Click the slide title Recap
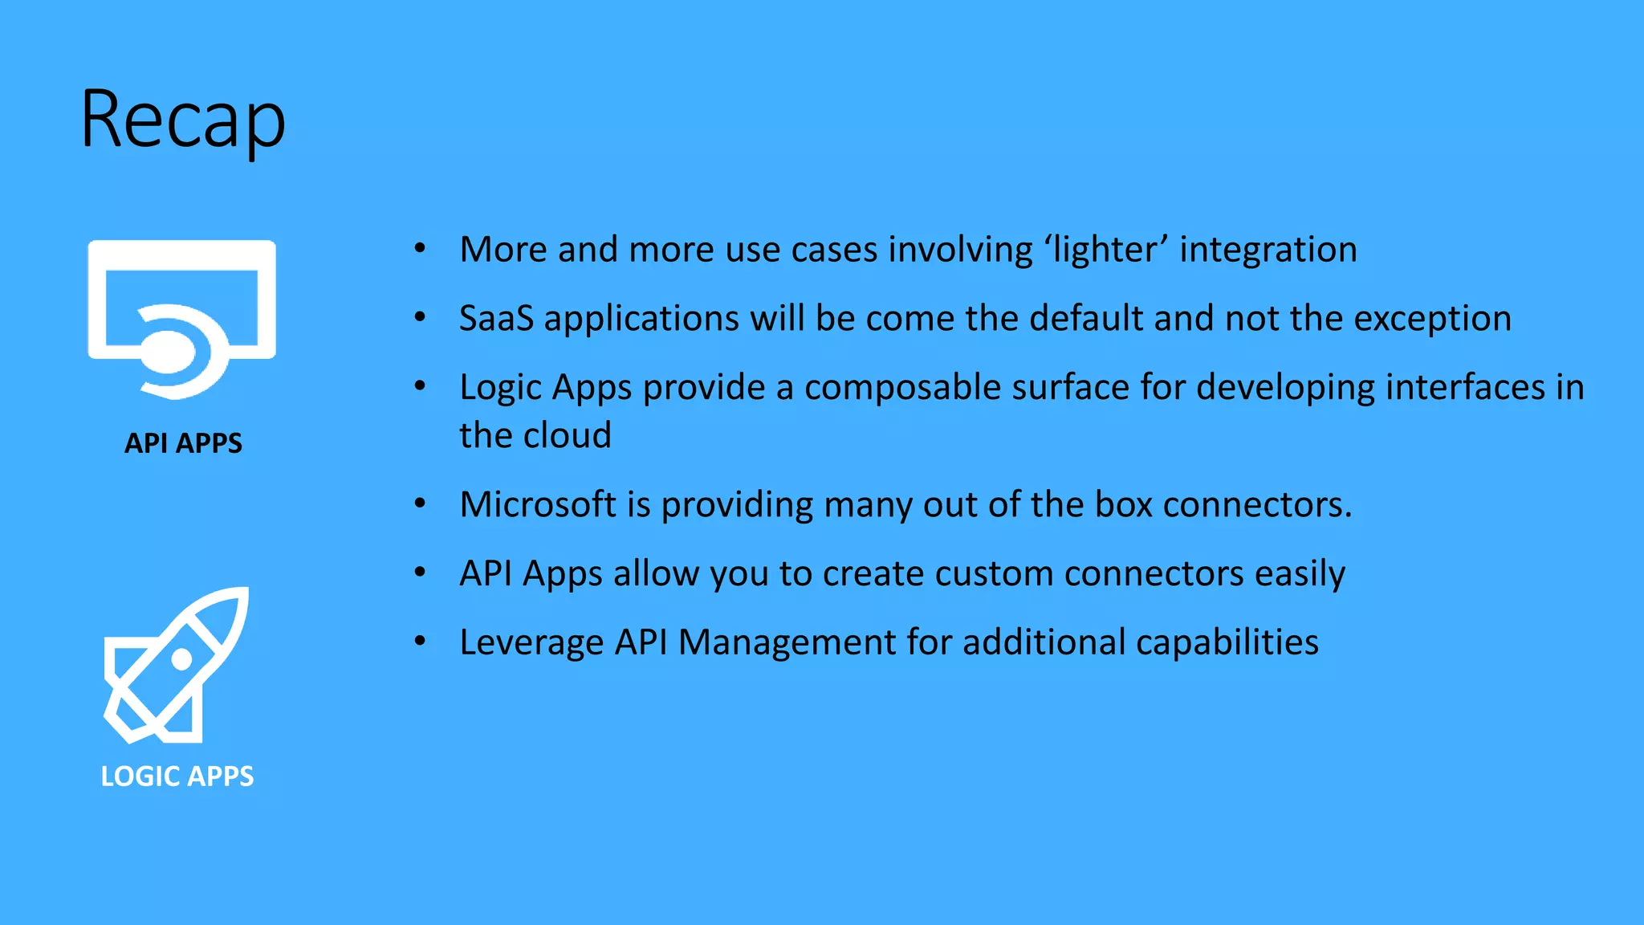pos(183,120)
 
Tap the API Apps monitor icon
pos(182,317)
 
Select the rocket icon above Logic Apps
pos(177,665)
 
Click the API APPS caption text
pos(183,443)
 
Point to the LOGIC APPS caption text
pos(177,776)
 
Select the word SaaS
pos(496,319)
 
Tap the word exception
pos(1433,319)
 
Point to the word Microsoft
pos(538,505)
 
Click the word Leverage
pos(531,643)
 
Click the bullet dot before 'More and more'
pos(420,249)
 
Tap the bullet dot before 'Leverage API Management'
pos(420,642)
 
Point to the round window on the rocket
pos(182,658)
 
